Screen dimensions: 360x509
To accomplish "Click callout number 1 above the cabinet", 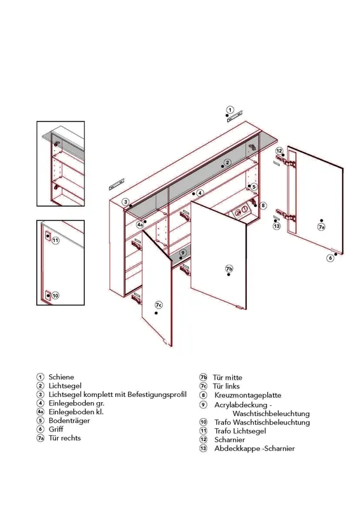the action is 230,110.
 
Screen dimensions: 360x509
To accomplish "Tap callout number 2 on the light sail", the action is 228,162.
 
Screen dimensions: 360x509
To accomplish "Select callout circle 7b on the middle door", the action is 229,268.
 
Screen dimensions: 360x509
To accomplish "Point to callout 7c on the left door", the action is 158,305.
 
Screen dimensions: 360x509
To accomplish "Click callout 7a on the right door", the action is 321,227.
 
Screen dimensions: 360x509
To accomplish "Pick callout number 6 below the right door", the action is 330,258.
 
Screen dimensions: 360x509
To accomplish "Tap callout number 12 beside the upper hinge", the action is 279,151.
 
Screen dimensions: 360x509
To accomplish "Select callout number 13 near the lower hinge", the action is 277,226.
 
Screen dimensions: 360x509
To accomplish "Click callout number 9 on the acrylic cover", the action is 183,253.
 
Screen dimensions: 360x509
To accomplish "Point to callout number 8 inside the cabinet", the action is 263,205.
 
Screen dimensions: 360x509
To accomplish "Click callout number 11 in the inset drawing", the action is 55,241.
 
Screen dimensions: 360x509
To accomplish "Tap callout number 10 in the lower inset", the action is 55,295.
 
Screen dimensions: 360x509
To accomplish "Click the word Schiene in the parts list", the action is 61,377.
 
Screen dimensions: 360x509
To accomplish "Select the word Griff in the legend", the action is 56,429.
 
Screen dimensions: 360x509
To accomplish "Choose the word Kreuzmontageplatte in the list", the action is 247,395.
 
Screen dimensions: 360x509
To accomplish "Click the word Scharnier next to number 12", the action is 230,440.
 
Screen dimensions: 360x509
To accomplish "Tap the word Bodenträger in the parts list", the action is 69,421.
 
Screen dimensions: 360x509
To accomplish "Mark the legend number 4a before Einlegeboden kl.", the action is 40,412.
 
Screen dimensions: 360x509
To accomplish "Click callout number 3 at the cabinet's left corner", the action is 126,202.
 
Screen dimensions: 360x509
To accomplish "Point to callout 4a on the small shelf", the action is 140,225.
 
